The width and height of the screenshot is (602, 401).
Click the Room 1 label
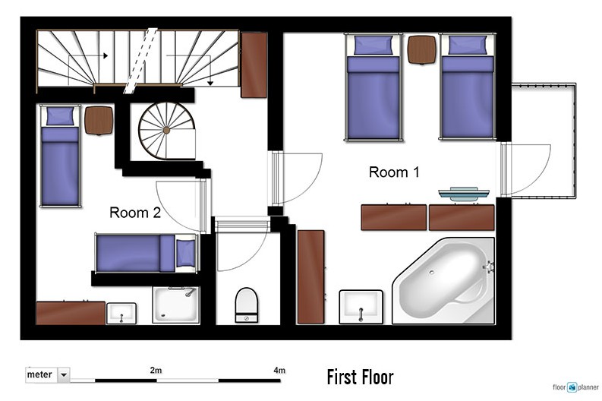point(394,172)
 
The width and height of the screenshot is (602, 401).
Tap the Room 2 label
point(135,213)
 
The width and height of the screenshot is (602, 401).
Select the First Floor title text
point(360,377)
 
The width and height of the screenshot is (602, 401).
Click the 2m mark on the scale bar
point(156,371)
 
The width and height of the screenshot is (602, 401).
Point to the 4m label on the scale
point(279,371)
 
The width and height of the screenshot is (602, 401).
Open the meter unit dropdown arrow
point(64,374)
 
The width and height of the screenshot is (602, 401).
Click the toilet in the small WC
point(246,305)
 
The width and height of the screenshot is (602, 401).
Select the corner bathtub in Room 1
point(443,281)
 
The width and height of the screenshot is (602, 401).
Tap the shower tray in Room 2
point(176,305)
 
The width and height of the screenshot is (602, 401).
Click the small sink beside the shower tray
point(121,314)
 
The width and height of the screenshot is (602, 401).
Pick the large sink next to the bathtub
point(361,307)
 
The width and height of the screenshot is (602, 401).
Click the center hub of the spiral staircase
point(166,131)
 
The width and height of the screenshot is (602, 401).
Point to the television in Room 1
point(464,194)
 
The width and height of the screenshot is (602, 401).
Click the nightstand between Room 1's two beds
point(421,49)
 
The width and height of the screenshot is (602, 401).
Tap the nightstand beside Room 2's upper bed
point(99,121)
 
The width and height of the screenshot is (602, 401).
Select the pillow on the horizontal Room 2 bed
point(185,253)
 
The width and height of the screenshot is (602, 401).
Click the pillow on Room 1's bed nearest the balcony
point(468,46)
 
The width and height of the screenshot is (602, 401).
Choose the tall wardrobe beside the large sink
point(311,277)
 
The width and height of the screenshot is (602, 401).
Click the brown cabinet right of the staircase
point(254,65)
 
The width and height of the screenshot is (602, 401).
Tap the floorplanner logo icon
point(572,387)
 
